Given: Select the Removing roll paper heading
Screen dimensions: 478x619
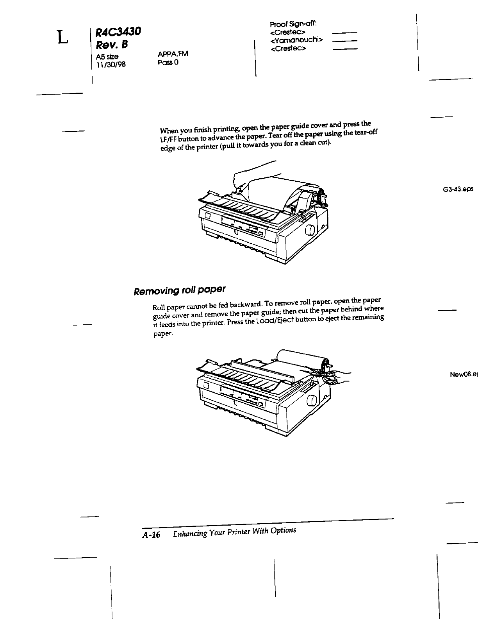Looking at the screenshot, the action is click(180, 290).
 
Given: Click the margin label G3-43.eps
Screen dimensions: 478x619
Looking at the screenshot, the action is click(458, 189).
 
